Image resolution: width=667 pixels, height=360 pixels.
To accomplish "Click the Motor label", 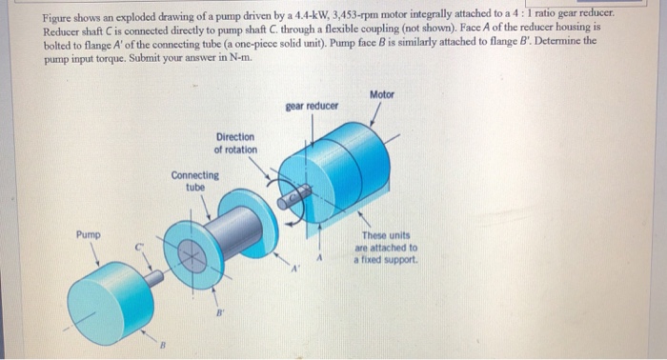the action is click(x=381, y=94).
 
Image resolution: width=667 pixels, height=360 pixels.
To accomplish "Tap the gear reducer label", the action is click(x=312, y=106).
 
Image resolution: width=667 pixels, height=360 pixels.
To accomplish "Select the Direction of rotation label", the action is click(x=235, y=143).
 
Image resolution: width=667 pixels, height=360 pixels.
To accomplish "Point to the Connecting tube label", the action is click(x=194, y=181).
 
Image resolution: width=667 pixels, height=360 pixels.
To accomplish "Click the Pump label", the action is click(x=89, y=234).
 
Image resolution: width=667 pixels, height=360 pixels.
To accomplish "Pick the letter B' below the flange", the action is click(x=219, y=313).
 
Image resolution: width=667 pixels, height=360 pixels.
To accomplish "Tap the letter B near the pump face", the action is click(x=162, y=344).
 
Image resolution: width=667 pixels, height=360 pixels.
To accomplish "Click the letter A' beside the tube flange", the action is click(x=295, y=269).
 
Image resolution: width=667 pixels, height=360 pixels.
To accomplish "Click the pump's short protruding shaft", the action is click(x=153, y=278).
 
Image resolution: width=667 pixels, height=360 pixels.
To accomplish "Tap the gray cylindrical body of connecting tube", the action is click(x=234, y=231).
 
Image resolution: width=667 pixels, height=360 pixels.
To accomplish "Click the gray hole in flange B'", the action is click(x=192, y=256).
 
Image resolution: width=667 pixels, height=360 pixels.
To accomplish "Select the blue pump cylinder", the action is click(x=110, y=302).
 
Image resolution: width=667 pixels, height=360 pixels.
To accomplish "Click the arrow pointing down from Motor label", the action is click(x=374, y=114).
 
